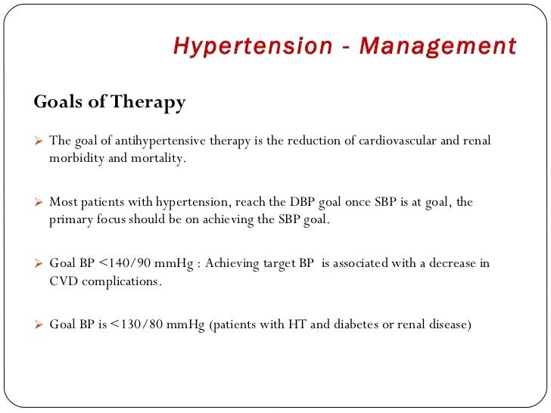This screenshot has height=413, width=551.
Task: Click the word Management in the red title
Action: point(437,46)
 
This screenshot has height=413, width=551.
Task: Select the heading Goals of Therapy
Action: point(110,103)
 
